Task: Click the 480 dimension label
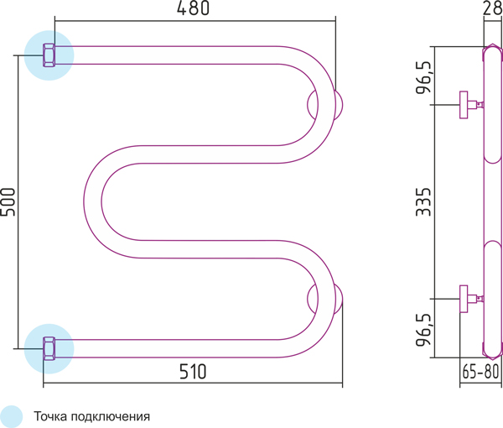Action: pyautogui.click(x=193, y=8)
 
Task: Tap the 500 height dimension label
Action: pyautogui.click(x=8, y=201)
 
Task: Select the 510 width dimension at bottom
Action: pyautogui.click(x=193, y=372)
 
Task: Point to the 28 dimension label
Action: pyautogui.click(x=492, y=8)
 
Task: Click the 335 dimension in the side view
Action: pyautogui.click(x=423, y=201)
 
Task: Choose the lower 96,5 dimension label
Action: pyautogui.click(x=423, y=330)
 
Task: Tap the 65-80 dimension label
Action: pyautogui.click(x=480, y=372)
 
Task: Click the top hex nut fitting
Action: pyautogui.click(x=49, y=55)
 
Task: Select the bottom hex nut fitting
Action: pyautogui.click(x=49, y=348)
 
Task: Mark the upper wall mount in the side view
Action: pyautogui.click(x=471, y=105)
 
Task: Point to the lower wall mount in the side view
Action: pyautogui.click(x=471, y=299)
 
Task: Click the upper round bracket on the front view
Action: pyautogui.click(x=325, y=105)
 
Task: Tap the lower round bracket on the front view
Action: pyautogui.click(x=325, y=299)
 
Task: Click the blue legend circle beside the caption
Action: pyautogui.click(x=11, y=416)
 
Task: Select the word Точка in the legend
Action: pyautogui.click(x=50, y=416)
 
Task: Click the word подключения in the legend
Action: pyautogui.click(x=111, y=417)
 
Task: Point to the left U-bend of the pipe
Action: pyautogui.click(x=93, y=201)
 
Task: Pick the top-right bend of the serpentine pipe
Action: pyautogui.click(x=327, y=105)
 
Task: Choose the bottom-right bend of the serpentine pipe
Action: pyautogui.click(x=327, y=299)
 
